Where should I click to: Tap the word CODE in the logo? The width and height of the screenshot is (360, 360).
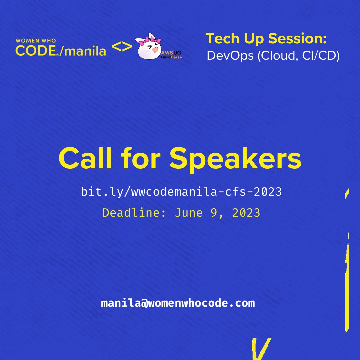[x=36, y=50]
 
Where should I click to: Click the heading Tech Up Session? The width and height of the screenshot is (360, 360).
[x=266, y=39]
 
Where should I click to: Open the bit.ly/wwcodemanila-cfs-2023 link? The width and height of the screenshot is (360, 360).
[x=181, y=192]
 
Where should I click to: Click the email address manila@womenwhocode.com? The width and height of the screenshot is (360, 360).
[x=178, y=303]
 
